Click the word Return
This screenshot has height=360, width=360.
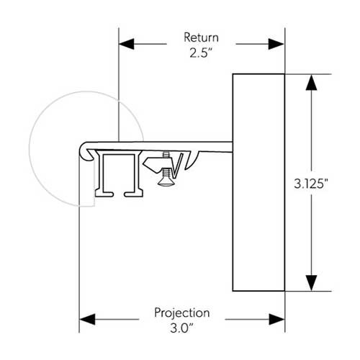202,37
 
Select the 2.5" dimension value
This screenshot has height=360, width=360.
202,52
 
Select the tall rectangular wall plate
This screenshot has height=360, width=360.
258,182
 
